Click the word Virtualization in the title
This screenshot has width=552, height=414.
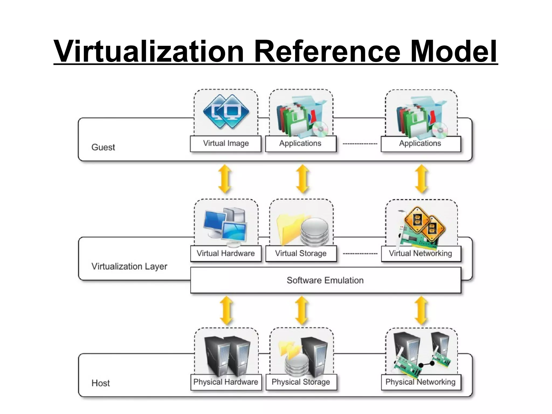pyautogui.click(x=149, y=51)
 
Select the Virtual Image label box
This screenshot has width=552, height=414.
pyautogui.click(x=226, y=143)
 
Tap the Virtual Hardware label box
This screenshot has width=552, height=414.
pyautogui.click(x=226, y=254)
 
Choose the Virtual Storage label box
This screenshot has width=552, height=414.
pyautogui.click(x=301, y=254)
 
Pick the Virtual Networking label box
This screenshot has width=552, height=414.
pyautogui.click(x=420, y=254)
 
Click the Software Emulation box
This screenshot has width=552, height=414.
pyautogui.click(x=325, y=280)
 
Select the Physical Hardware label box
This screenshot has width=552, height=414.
pyautogui.click(x=226, y=382)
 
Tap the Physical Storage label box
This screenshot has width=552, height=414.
pyautogui.click(x=301, y=382)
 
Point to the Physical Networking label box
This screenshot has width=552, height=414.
pyautogui.click(x=420, y=382)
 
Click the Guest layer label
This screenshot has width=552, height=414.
pyautogui.click(x=103, y=147)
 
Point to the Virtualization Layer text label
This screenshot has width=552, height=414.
pyautogui.click(x=129, y=266)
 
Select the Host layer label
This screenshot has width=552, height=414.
pyautogui.click(x=101, y=383)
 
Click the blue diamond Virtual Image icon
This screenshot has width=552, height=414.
pyautogui.click(x=226, y=112)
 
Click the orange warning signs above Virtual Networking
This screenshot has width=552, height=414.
pyautogui.click(x=425, y=223)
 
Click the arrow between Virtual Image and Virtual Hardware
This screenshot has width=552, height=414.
pyautogui.click(x=225, y=179)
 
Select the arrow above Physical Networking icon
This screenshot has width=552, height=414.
pyautogui.click(x=421, y=311)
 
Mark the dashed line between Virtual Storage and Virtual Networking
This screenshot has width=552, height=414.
pyautogui.click(x=360, y=254)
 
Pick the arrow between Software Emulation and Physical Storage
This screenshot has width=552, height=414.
pyautogui.click(x=302, y=311)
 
